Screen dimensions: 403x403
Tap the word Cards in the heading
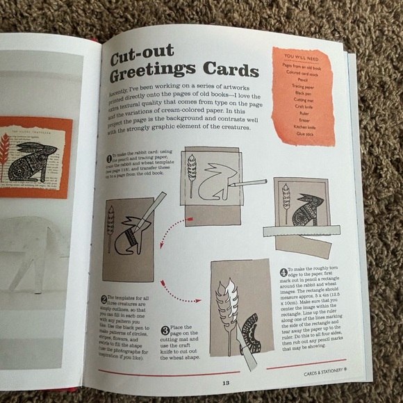tap(225, 69)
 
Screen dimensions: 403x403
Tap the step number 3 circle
tap(165, 330)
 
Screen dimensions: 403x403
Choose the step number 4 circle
tap(283, 272)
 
